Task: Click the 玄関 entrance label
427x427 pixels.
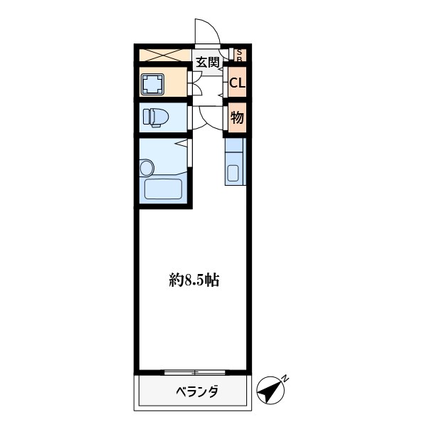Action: point(207,62)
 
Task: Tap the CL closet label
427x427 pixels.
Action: point(237,83)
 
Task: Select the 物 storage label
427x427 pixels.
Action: point(237,118)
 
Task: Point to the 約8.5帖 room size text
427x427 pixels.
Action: point(194,280)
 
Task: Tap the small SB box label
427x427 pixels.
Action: point(240,54)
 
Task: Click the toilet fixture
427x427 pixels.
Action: point(154,117)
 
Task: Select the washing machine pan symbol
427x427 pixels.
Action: point(152,84)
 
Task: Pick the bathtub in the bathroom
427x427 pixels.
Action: point(164,189)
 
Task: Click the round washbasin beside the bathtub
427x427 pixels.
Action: point(147,169)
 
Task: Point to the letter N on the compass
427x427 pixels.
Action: point(284,378)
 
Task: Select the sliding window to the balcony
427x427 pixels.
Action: point(194,371)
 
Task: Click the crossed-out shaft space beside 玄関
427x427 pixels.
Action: point(163,54)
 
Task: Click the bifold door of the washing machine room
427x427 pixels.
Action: point(196,84)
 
